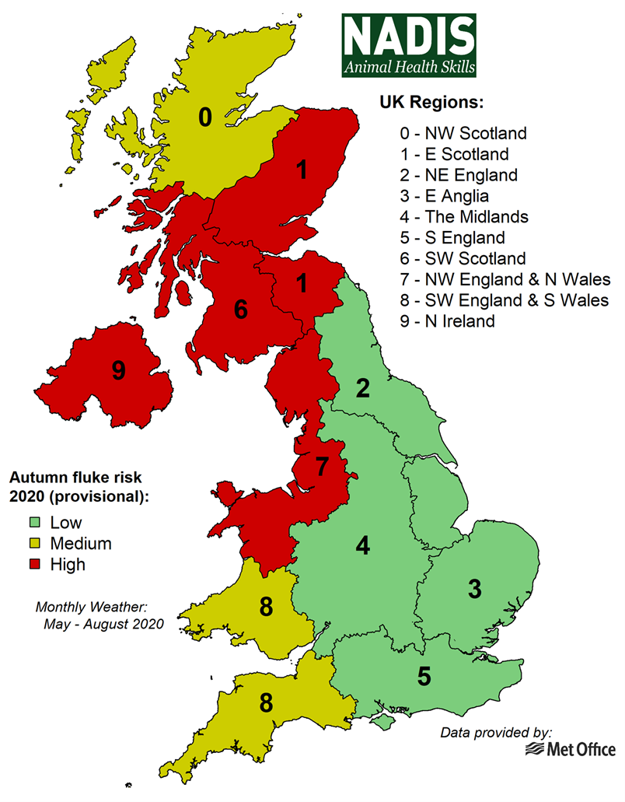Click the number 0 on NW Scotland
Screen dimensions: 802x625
coord(204,117)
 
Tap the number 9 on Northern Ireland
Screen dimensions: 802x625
coord(118,370)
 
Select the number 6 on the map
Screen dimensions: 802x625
coord(241,310)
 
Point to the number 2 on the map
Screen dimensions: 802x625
coord(363,388)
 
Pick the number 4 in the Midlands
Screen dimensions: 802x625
coord(362,545)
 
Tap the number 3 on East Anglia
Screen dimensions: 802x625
coord(474,589)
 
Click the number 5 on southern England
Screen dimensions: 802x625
coord(424,676)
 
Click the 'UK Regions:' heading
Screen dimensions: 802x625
coord(431,103)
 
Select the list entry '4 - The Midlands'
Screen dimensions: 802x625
coord(461,216)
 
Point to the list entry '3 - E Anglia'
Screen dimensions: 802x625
coord(444,195)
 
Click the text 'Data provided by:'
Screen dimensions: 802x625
coord(496,732)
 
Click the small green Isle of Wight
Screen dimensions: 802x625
coord(382,723)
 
